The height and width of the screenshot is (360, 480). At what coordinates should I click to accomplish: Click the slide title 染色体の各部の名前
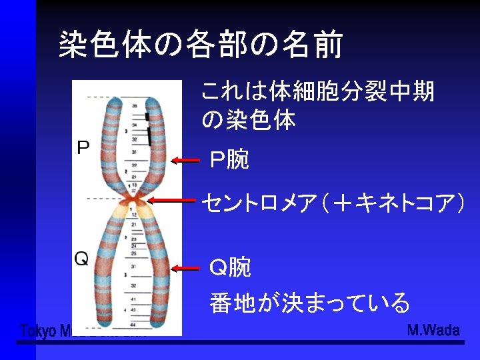[x=200, y=45]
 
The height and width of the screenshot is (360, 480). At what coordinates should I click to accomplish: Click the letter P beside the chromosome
[x=83, y=147]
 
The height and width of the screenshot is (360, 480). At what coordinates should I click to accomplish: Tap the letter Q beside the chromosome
[x=81, y=259]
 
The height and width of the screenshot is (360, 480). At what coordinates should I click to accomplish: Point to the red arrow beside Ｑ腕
[x=185, y=269]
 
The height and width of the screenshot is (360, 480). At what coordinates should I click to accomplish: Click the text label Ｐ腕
[x=229, y=159]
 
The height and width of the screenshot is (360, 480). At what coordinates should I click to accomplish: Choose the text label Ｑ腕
[x=230, y=268]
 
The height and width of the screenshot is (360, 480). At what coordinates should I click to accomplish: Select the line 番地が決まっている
[x=309, y=303]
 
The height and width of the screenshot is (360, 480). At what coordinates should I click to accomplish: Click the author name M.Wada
[x=433, y=330]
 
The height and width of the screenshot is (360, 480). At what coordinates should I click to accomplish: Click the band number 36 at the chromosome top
[x=135, y=106]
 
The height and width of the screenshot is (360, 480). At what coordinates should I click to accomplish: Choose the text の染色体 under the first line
[x=248, y=120]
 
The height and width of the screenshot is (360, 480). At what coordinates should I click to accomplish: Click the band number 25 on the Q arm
[x=135, y=253]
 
